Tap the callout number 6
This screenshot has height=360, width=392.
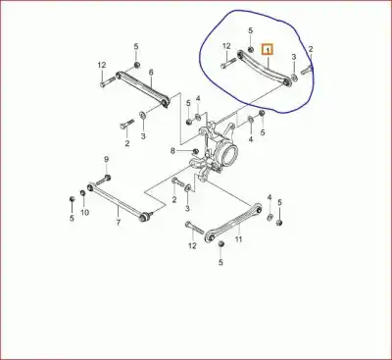[x=151, y=74]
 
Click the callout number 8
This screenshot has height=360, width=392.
[x=172, y=151]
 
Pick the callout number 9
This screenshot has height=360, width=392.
[x=106, y=160]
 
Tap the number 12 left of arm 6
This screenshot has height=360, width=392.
[x=101, y=66]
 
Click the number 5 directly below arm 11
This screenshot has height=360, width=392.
[x=220, y=263]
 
